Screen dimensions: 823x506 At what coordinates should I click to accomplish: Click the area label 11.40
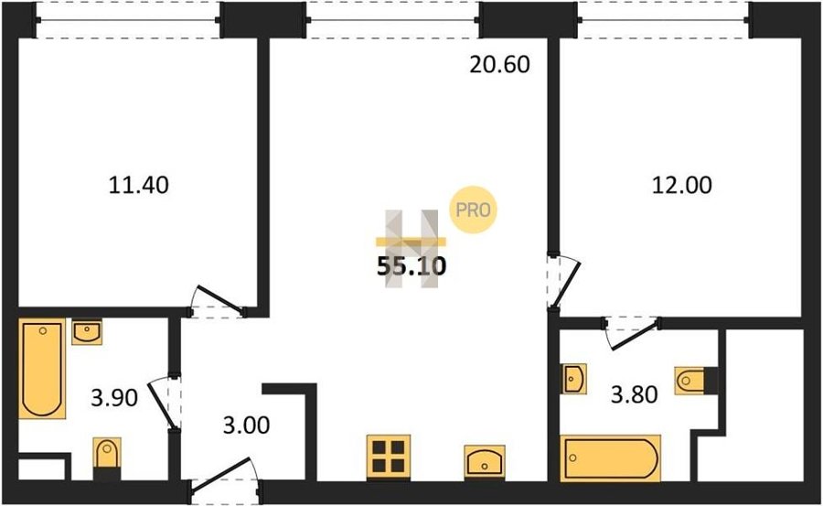tap(139, 185)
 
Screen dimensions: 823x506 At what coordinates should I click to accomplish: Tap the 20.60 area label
tap(499, 65)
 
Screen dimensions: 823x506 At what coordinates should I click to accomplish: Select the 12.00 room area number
tap(682, 185)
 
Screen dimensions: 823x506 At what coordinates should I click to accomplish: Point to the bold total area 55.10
tap(411, 267)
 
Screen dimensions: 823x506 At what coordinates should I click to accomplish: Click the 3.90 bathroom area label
tap(114, 398)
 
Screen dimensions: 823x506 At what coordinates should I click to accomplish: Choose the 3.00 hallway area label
tap(246, 425)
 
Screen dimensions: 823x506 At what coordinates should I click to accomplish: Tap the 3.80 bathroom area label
tap(634, 394)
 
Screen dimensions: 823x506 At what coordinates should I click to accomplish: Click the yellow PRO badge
tap(473, 210)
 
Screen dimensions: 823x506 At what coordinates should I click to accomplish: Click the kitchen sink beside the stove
tap(485, 462)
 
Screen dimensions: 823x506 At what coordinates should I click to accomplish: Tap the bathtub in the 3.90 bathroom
tap(42, 369)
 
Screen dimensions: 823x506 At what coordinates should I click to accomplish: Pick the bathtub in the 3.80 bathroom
tap(611, 458)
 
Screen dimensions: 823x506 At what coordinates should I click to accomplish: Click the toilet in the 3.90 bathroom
tap(107, 458)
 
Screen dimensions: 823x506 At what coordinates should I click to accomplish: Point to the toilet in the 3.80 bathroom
tap(696, 381)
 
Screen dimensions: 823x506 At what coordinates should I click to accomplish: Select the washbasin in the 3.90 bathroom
tap(87, 332)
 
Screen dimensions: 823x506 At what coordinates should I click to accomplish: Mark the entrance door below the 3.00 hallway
tap(222, 475)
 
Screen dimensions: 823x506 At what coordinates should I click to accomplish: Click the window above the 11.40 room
tap(129, 20)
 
